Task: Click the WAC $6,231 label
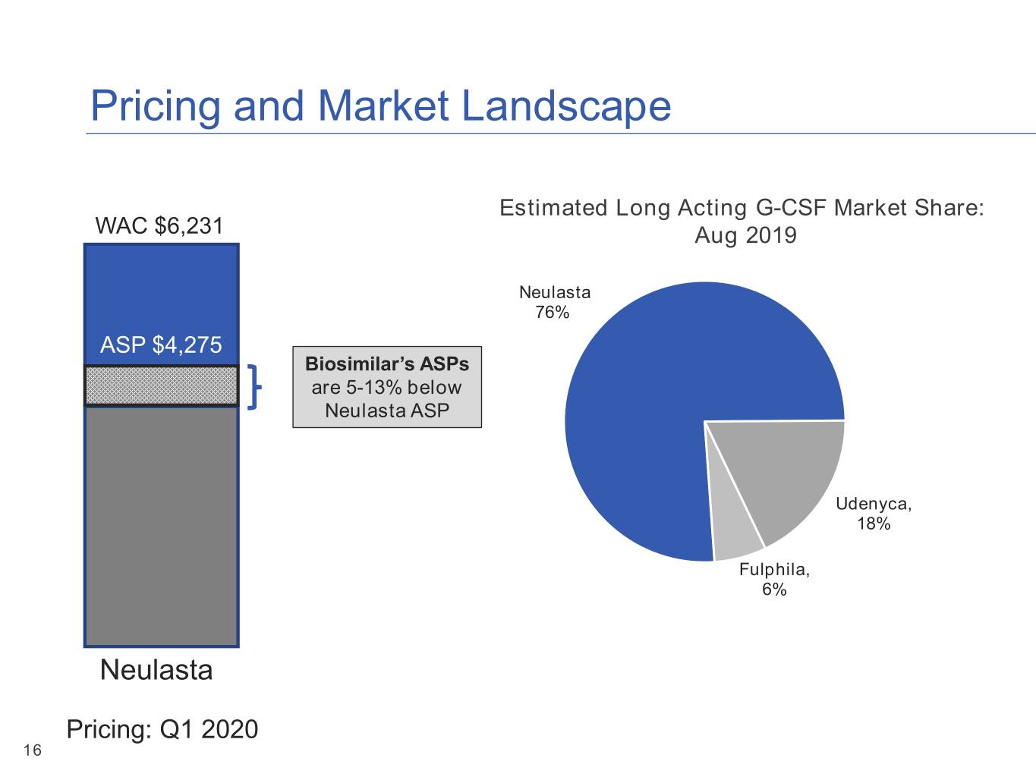click(159, 226)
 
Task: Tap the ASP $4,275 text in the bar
click(161, 344)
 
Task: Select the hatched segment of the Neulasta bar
click(162, 385)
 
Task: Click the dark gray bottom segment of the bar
click(162, 526)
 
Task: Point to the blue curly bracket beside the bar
click(255, 387)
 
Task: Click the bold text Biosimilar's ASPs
click(387, 364)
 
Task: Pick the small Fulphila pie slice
click(732, 533)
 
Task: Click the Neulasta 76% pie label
click(555, 302)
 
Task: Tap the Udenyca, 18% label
click(874, 513)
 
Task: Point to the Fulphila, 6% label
click(774, 579)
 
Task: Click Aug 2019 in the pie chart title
click(746, 235)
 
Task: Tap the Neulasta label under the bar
click(156, 669)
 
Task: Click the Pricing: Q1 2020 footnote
click(162, 729)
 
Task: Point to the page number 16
click(33, 750)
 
